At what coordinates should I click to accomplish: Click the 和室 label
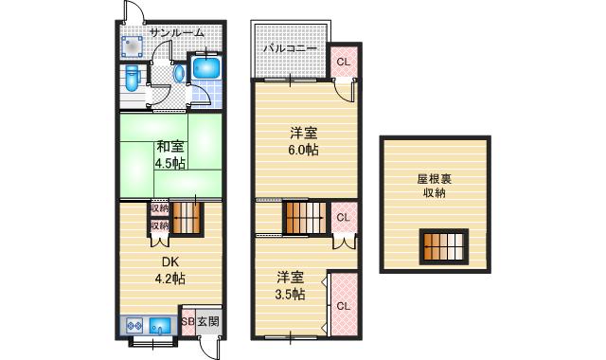click(170, 146)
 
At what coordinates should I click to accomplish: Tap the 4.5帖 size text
click(170, 162)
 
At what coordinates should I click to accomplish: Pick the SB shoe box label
click(187, 322)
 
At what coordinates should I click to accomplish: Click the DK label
click(169, 262)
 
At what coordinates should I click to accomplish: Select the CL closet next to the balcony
click(343, 63)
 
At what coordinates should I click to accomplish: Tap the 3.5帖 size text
click(291, 295)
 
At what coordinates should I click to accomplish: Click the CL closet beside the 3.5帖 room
click(343, 306)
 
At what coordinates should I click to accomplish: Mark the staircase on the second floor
click(306, 217)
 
